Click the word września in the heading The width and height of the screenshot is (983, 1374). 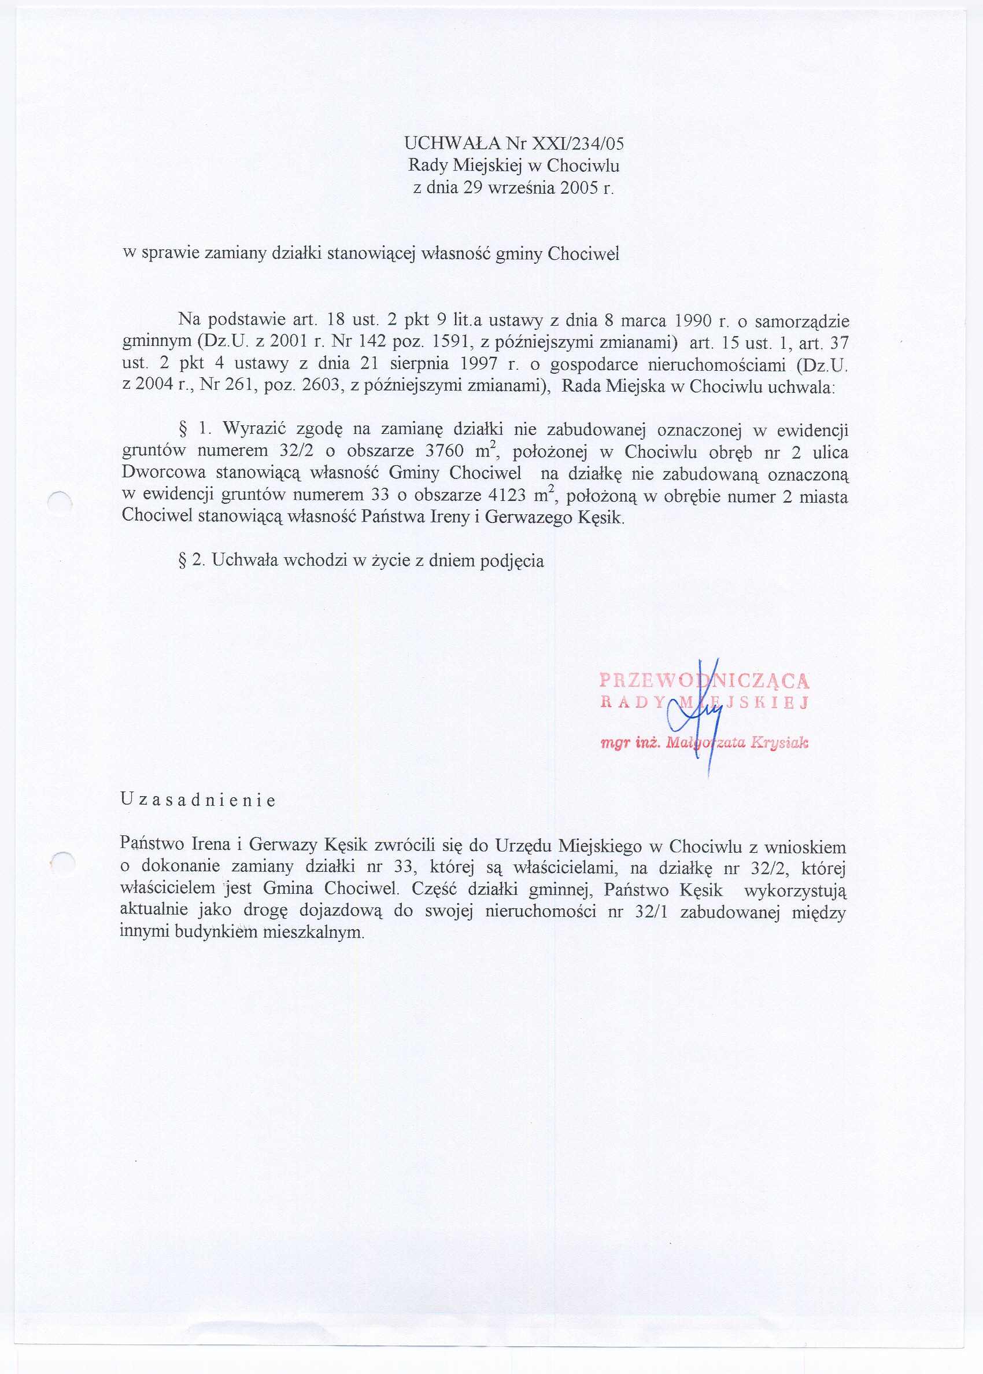(522, 187)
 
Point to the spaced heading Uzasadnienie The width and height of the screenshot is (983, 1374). (198, 801)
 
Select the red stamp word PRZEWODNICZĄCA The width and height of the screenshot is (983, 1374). (704, 681)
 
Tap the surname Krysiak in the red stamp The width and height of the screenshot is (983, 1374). (779, 743)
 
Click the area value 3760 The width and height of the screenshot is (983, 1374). (445, 451)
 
